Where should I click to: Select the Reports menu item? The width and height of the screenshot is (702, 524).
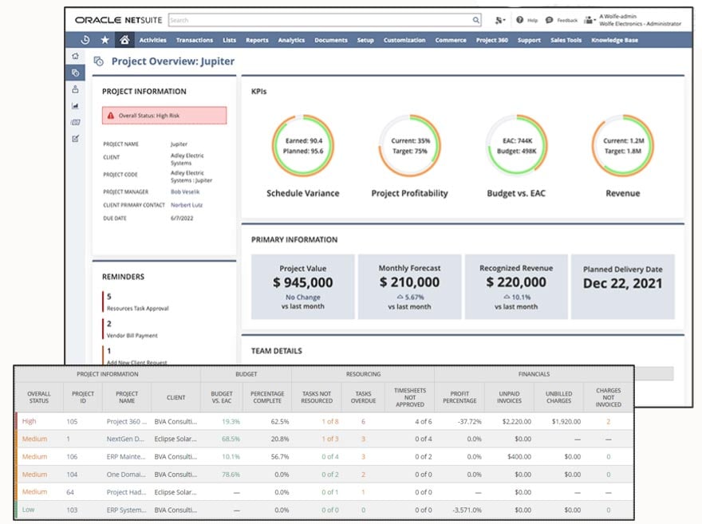[257, 40]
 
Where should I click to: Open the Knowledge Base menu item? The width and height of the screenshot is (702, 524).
[614, 40]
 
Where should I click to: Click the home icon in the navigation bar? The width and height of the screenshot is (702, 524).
[124, 40]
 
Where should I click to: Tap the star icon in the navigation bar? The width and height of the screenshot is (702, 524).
[105, 40]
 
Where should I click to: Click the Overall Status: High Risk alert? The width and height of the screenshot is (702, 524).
[164, 116]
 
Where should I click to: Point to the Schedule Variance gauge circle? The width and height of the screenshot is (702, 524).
[302, 145]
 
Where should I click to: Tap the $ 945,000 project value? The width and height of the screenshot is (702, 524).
[303, 282]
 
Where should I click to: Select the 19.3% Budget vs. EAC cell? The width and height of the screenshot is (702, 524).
[231, 421]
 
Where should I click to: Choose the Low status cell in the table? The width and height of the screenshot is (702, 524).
[29, 509]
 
